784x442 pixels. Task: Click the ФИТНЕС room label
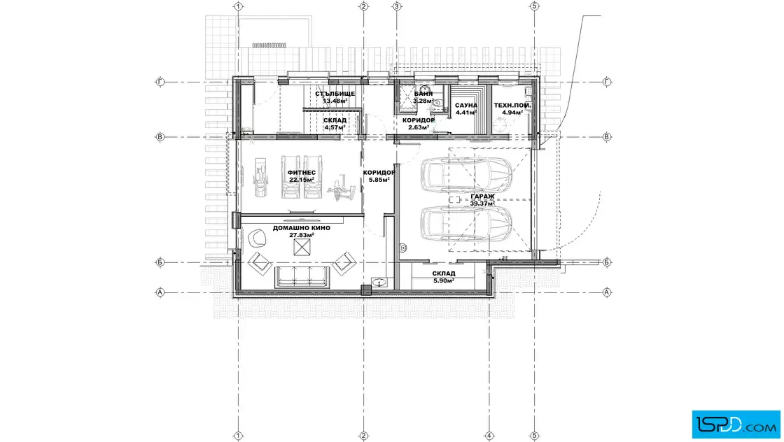point(302,173)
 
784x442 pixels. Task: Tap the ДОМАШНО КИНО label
point(302,228)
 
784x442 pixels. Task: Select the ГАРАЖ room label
point(482,197)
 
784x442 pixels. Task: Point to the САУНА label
point(466,106)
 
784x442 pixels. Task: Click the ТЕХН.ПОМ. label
point(512,106)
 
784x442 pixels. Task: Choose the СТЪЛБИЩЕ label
point(335,94)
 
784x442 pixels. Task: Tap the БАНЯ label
point(423,94)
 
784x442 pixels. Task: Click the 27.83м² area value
point(302,235)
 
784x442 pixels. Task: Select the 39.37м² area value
point(482,204)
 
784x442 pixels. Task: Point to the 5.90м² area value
point(444,280)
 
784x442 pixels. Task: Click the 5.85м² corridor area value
point(379,180)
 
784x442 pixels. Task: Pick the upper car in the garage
point(466,174)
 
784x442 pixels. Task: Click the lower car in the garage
point(466,224)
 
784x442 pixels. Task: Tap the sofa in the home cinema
point(302,276)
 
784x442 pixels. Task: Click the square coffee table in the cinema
point(302,247)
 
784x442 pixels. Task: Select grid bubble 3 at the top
point(397,6)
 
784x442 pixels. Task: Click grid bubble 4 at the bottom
point(489,436)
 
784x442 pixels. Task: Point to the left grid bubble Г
point(160,82)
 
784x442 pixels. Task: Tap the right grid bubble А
point(607,292)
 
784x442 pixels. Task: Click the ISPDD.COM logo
point(736,425)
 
